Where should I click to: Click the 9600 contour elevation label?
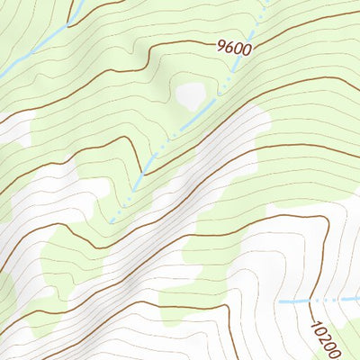[234, 47]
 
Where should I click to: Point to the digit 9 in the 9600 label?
[221, 43]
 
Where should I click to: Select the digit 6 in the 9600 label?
[229, 46]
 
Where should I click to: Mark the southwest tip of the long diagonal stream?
[111, 220]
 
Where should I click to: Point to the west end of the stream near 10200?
[278, 301]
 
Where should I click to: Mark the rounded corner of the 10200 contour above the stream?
[320, 221]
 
